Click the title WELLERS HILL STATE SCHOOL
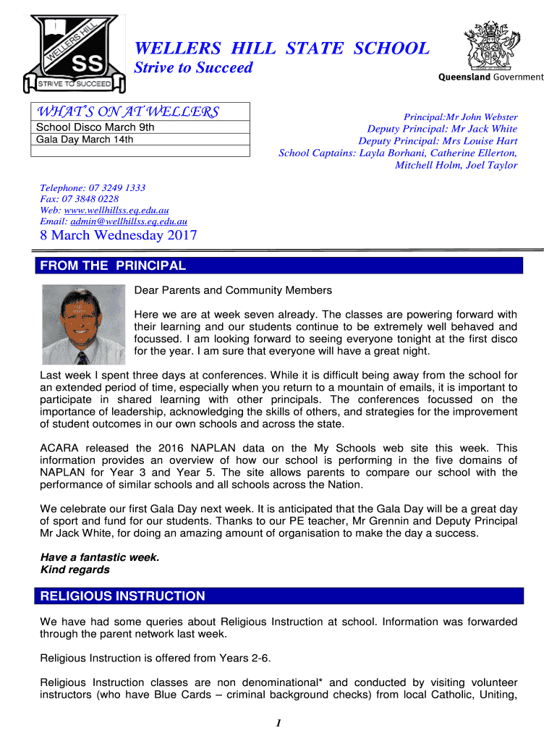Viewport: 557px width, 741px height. pyautogui.click(x=282, y=48)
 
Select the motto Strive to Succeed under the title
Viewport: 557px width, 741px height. pyautogui.click(x=194, y=68)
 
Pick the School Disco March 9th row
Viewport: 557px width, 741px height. pyautogui.click(x=95, y=128)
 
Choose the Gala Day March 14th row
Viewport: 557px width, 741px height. pyautogui.click(x=85, y=140)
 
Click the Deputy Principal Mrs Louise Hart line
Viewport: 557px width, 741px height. pyautogui.click(x=438, y=141)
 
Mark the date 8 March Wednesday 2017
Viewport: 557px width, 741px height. pyautogui.click(x=118, y=236)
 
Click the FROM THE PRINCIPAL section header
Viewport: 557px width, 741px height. pyautogui.click(x=113, y=266)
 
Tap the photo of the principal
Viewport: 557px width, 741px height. pyautogui.click(x=83, y=323)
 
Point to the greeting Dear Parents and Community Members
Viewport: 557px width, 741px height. pyautogui.click(x=233, y=290)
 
